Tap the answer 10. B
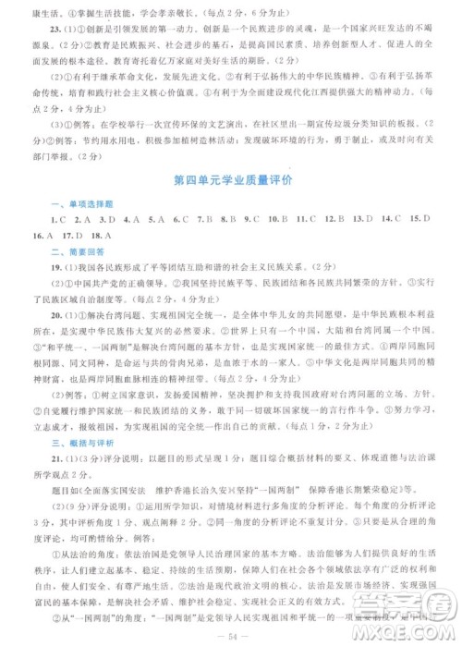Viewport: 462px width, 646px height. pyautogui.click(x=282, y=218)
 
